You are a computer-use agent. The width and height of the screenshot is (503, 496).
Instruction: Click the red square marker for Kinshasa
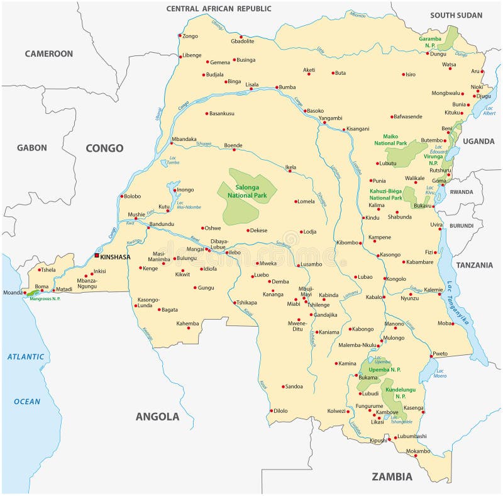point(96,256)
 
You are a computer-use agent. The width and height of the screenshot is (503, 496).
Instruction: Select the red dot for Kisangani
point(343,130)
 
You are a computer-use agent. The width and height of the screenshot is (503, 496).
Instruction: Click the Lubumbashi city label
point(412,436)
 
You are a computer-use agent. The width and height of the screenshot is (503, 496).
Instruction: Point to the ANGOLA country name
point(157,416)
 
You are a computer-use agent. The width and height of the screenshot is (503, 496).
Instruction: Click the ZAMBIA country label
point(392,476)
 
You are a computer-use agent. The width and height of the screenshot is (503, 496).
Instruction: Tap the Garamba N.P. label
point(430,42)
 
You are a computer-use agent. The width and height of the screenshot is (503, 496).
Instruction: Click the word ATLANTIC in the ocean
point(26,357)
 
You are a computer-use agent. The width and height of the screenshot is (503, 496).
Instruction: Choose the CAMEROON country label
point(48,54)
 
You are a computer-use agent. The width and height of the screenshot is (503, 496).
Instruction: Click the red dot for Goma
point(443,184)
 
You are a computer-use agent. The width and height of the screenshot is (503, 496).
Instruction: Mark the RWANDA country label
point(461,192)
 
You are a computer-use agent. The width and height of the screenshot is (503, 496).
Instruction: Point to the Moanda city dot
point(23,293)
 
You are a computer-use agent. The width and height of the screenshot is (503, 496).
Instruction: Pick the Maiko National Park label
point(392,140)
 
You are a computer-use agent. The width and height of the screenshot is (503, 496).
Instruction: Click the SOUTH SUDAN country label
point(456,15)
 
